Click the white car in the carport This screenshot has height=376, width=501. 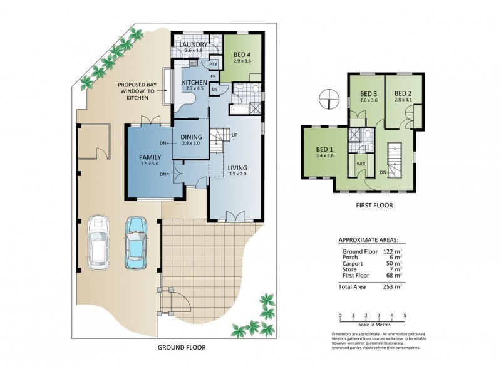coord(98,242)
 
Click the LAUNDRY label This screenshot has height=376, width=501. coord(194,44)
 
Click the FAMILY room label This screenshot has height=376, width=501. coord(150,158)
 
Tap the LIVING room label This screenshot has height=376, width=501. coord(237,168)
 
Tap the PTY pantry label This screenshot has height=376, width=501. coord(214,63)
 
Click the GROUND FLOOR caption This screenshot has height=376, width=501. coord(181,347)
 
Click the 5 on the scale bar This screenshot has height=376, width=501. coord(405,315)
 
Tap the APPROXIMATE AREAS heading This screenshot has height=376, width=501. coord(371,239)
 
